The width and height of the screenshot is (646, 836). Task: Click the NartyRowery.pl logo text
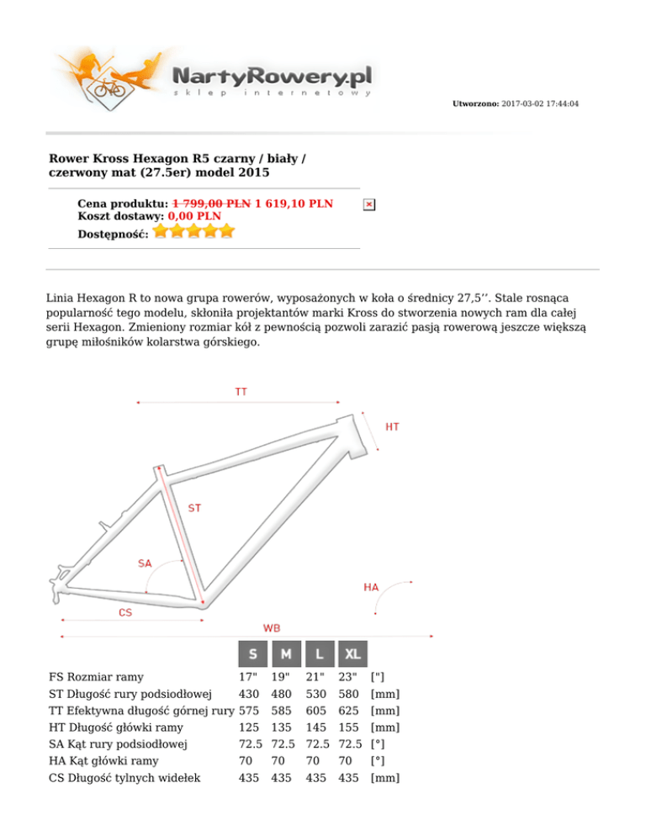(271, 77)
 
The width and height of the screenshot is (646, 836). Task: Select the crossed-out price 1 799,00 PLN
(211, 204)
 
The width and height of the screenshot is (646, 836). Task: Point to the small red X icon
(369, 204)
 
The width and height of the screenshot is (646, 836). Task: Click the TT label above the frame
(241, 391)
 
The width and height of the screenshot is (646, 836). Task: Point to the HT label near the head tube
(392, 427)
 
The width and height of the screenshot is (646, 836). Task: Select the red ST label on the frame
(194, 508)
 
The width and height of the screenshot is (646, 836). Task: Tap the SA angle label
(145, 563)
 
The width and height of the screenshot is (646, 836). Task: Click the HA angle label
(371, 586)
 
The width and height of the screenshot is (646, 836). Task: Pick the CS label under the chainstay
(124, 612)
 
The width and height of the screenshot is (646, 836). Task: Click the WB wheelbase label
(272, 627)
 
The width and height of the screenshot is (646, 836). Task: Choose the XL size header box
(352, 653)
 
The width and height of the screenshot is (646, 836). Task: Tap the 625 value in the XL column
(347, 711)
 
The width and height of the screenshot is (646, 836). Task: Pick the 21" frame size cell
(315, 676)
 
